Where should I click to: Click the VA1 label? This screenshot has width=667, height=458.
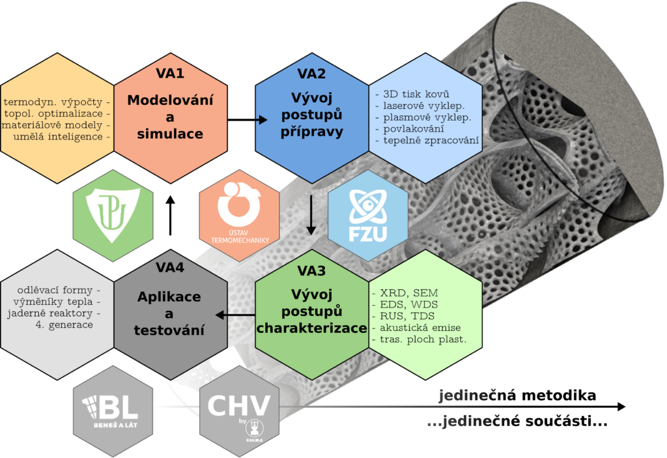(x=170, y=73)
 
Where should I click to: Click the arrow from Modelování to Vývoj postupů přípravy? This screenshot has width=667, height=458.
(x=248, y=120)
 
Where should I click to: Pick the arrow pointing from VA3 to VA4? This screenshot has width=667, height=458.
(x=234, y=315)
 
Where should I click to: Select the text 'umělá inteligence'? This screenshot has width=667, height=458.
(x=57, y=137)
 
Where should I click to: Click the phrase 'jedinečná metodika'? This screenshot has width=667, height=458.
(x=517, y=395)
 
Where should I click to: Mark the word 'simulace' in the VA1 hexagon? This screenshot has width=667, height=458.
(x=170, y=134)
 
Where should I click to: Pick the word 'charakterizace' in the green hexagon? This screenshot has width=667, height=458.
(x=311, y=328)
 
